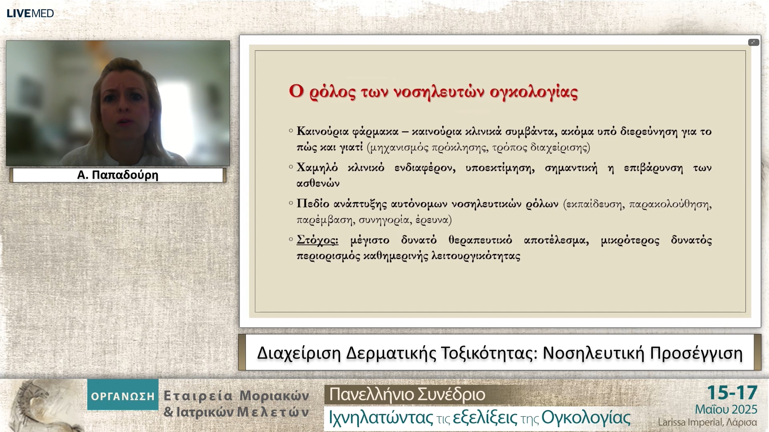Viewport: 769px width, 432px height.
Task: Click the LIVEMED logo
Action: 30,13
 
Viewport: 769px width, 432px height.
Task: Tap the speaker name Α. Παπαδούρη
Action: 118,175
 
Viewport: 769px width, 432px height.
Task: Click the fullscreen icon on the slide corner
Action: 753,42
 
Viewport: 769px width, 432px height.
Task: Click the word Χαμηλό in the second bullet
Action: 317,168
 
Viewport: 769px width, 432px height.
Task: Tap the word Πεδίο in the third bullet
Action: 313,204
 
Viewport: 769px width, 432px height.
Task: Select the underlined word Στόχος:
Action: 317,240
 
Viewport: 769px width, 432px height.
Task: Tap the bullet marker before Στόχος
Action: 291,240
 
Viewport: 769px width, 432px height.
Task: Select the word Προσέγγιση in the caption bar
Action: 696,353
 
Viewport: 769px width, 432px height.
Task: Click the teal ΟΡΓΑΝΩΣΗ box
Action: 123,395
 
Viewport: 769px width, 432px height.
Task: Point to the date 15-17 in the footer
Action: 732,393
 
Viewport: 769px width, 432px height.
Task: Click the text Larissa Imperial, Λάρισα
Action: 707,422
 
